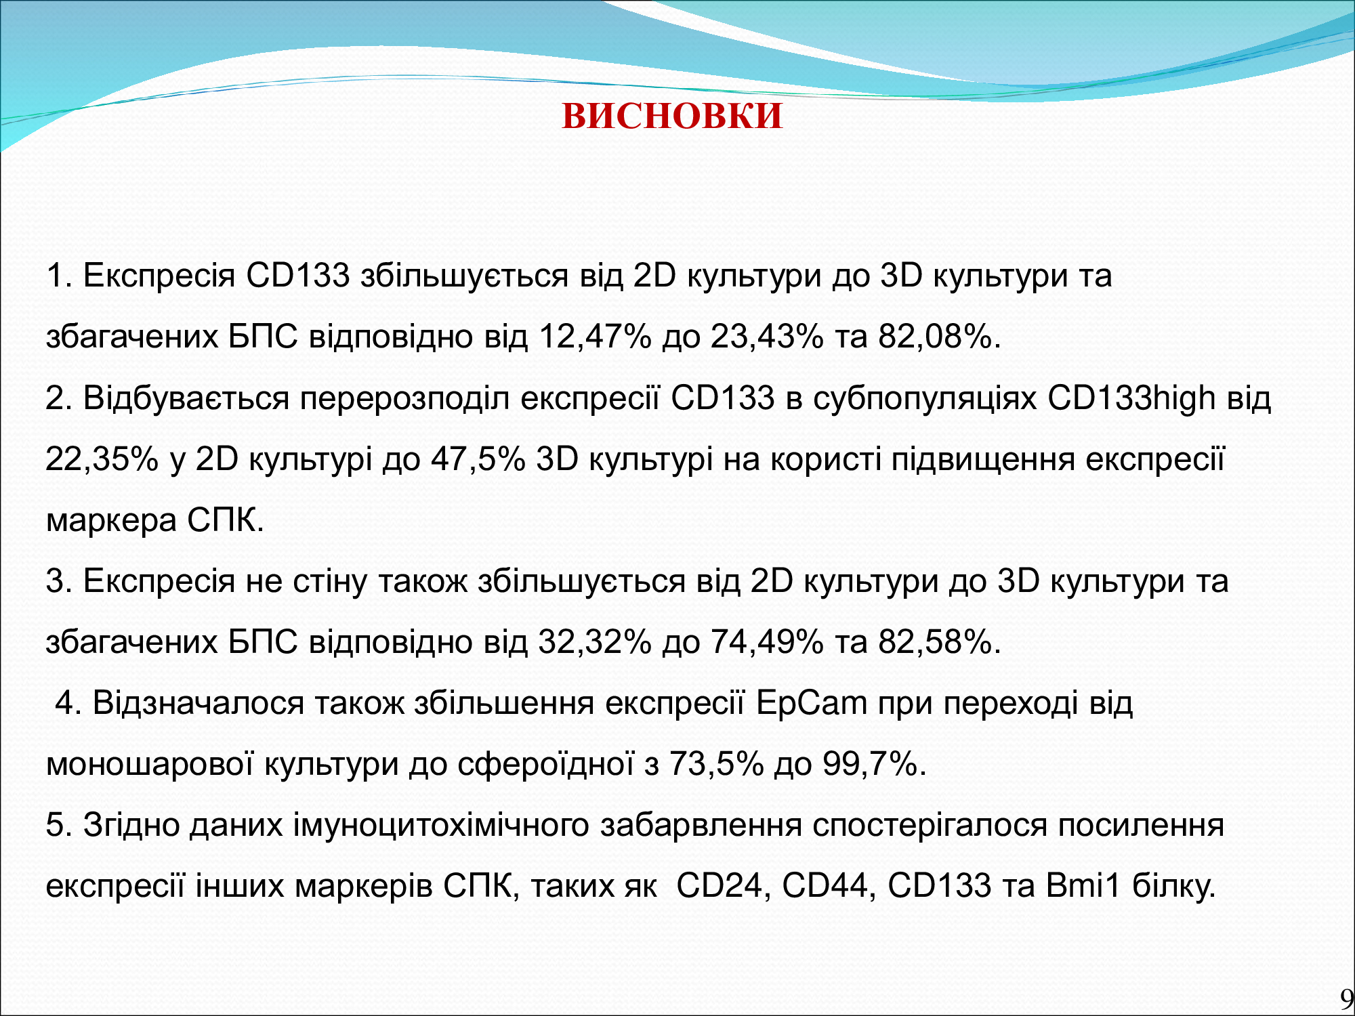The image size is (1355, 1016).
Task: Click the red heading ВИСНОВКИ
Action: tap(672, 116)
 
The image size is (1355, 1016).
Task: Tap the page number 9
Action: tap(1346, 999)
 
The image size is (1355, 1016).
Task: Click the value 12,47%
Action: tap(595, 337)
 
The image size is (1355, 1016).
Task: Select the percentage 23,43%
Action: tap(767, 337)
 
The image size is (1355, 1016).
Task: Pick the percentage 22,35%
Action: tap(102, 459)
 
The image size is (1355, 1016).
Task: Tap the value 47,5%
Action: tap(478, 459)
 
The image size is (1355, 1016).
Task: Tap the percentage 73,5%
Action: tap(717, 764)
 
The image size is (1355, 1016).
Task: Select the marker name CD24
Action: tap(720, 886)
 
